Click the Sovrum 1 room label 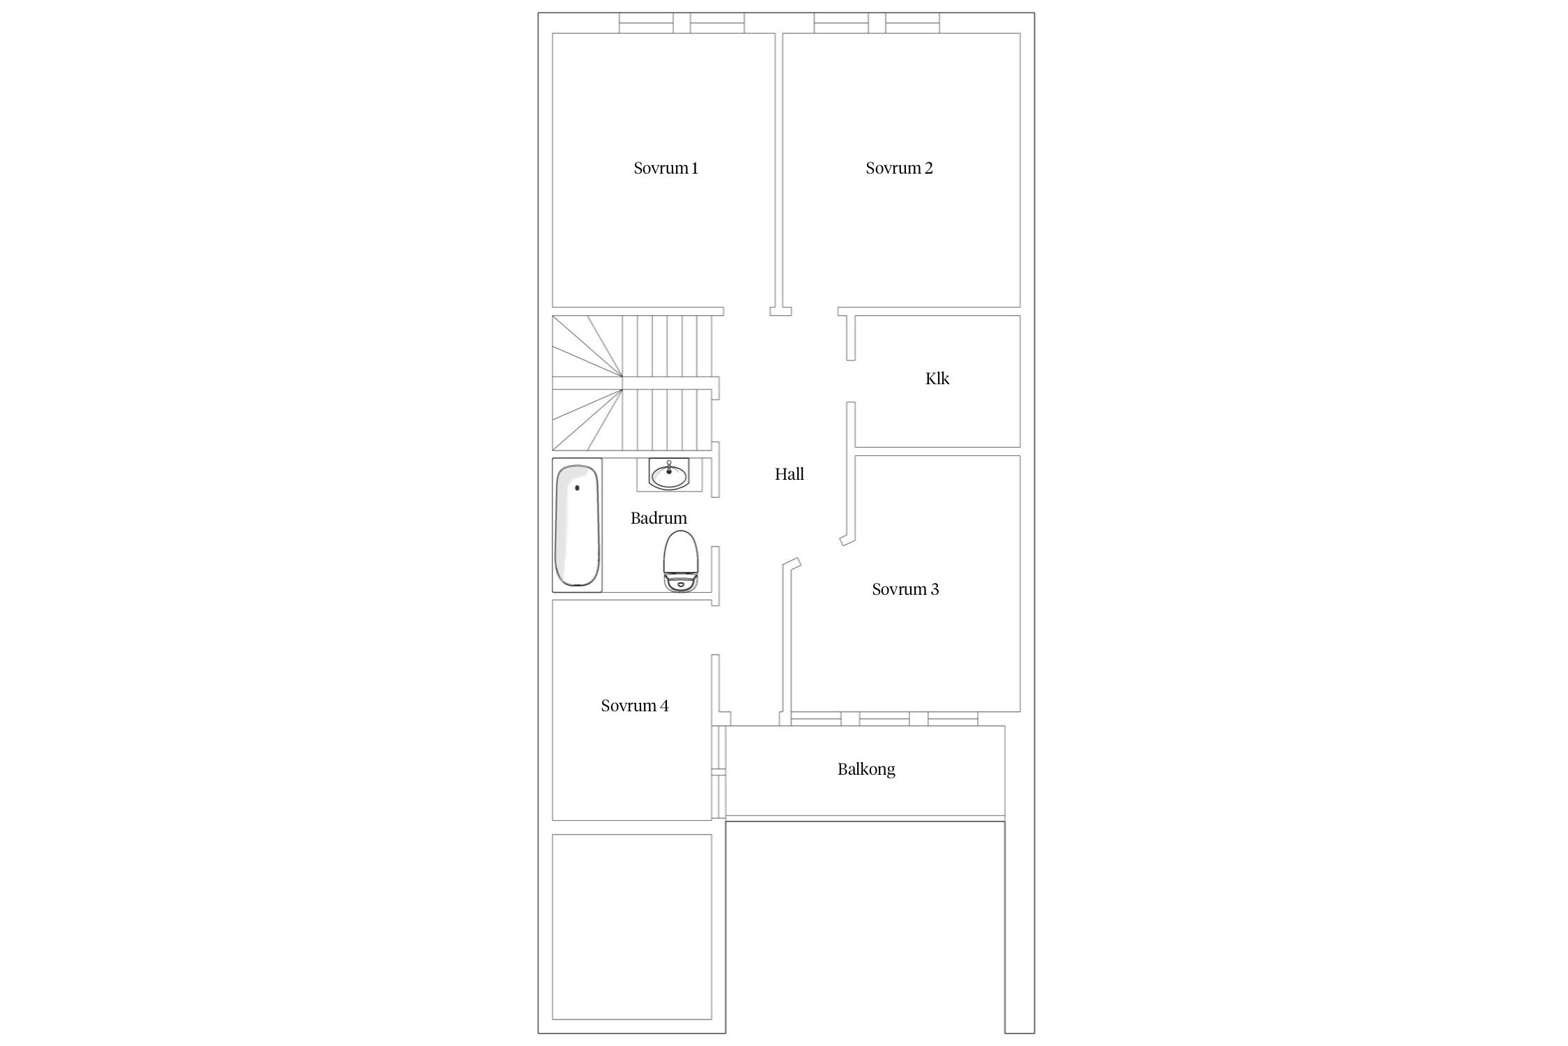point(666,168)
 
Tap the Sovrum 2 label point(899,168)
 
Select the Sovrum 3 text point(905,589)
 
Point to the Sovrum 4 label point(635,706)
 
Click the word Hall point(790,474)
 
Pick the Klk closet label point(937,379)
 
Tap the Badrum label point(659,518)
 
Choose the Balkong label point(866,769)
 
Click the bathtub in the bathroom point(577,526)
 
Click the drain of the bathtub point(577,488)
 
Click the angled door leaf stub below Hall point(790,562)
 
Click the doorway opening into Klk point(850,381)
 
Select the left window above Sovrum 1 point(646,23)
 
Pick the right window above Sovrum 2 point(912,23)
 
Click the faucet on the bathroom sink point(669,466)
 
